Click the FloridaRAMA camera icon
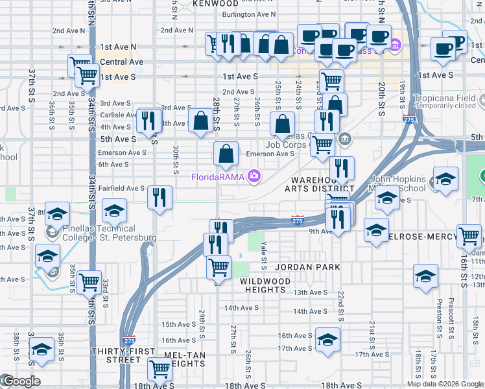click(x=255, y=176)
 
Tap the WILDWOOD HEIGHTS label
click(x=265, y=285)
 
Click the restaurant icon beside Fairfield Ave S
click(x=160, y=196)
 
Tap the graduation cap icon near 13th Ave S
click(x=425, y=276)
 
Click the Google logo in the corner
click(x=21, y=381)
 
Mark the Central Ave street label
click(x=122, y=62)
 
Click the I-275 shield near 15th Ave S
click(x=128, y=340)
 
